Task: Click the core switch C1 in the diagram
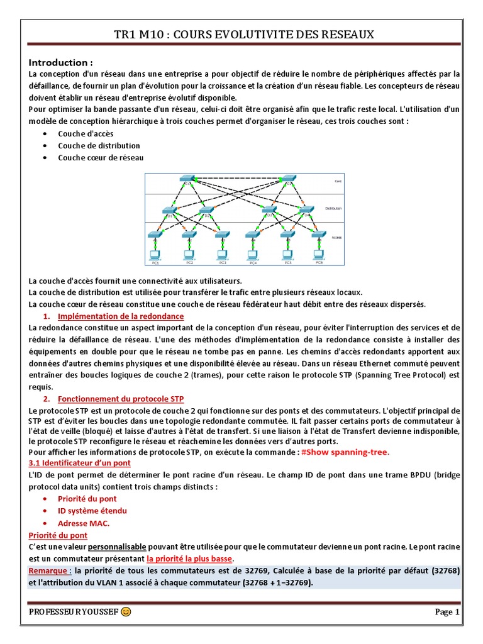pyautogui.click(x=187, y=179)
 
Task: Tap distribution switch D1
pyautogui.click(x=169, y=210)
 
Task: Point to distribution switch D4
pyautogui.click(x=306, y=210)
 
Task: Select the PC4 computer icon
pyautogui.click(x=253, y=255)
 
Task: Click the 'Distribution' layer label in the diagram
pyautogui.click(x=333, y=208)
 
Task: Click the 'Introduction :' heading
pyautogui.click(x=61, y=63)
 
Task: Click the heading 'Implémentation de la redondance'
pyautogui.click(x=121, y=316)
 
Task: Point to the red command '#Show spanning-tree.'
pyautogui.click(x=345, y=452)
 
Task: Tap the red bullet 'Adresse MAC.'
pyautogui.click(x=84, y=523)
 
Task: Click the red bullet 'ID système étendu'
pyautogui.click(x=92, y=511)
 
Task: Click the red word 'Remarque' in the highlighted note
pyautogui.click(x=50, y=570)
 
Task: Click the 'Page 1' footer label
pyautogui.click(x=448, y=612)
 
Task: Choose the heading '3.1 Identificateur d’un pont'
pyautogui.click(x=80, y=463)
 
